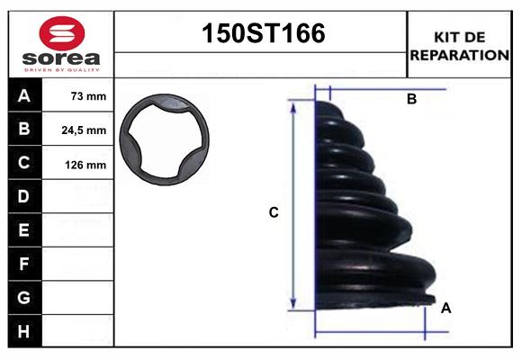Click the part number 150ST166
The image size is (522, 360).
[x=261, y=34]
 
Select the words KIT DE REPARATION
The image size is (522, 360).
[x=459, y=45]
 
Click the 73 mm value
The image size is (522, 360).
[x=87, y=96]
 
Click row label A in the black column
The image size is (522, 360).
[x=24, y=95]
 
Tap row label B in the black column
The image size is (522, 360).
[x=24, y=129]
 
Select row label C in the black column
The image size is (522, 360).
[x=24, y=163]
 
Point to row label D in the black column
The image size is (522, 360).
[x=24, y=196]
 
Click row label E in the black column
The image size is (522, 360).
[x=24, y=230]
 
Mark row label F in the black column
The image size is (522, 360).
[x=24, y=264]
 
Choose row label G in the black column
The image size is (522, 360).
[x=24, y=298]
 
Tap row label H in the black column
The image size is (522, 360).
[x=24, y=331]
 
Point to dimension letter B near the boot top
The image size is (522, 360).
[x=411, y=100]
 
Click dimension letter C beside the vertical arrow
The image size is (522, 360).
[x=274, y=213]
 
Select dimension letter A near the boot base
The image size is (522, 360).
[x=446, y=308]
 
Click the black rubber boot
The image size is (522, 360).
[x=369, y=216]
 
